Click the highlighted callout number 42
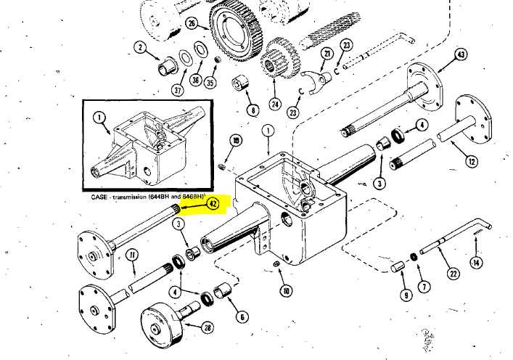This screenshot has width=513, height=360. pos(213,204)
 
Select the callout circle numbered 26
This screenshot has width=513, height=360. pos(192,24)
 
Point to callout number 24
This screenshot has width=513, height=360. pos(275,103)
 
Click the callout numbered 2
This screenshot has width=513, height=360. pos(140,49)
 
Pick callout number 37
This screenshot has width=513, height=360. pos(178,90)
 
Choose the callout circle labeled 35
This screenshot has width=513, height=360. pos(210,83)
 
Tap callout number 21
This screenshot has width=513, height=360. pos(327,54)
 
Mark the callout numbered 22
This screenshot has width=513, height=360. pos(453,274)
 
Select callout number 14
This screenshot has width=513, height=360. pos(475,262)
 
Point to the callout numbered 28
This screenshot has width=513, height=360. pos(208,327)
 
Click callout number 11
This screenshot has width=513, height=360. pos(132,254)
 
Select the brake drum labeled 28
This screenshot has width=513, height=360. pos(164,327)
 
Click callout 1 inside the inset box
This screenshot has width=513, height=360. pos(99,117)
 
